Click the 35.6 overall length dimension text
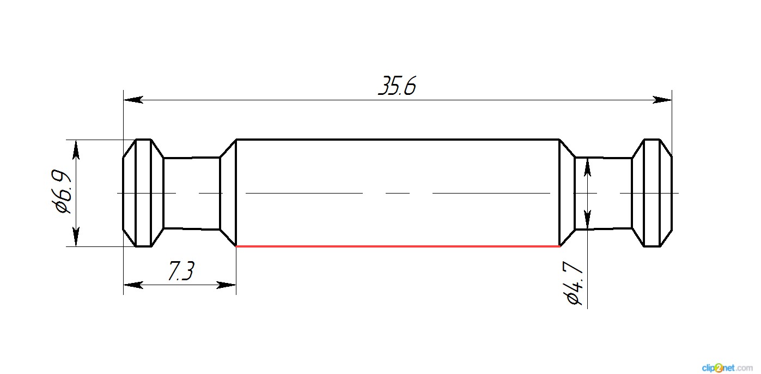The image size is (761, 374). [397, 86]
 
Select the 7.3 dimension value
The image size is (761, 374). [181, 271]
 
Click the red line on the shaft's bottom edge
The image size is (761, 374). [398, 246]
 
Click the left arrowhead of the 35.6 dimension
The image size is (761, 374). [133, 100]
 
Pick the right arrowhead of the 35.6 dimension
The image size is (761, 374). [662, 100]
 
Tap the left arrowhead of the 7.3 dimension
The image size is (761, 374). [133, 285]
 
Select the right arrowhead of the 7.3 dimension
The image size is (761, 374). [226, 285]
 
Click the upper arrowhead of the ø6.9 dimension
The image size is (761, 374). [76, 149]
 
